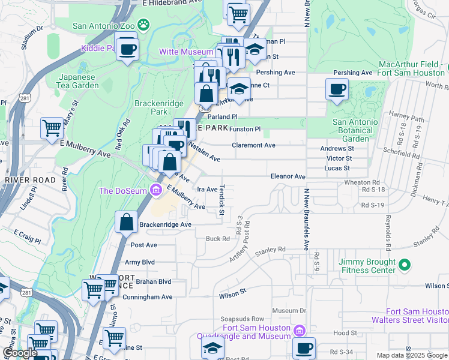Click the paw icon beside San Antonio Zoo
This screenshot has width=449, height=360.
pyautogui.click(x=143, y=25)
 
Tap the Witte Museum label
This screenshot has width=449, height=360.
pyautogui.click(x=185, y=52)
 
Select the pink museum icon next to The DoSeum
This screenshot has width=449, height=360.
pyautogui.click(x=156, y=191)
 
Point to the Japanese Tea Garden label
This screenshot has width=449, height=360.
pyautogui.click(x=79, y=81)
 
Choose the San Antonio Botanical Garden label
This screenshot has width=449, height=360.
pyautogui.click(x=355, y=130)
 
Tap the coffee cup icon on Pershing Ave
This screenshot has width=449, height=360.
pyautogui.click(x=337, y=89)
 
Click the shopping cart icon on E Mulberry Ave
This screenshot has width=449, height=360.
pyautogui.click(x=52, y=128)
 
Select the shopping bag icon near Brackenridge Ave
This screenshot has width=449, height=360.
pyautogui.click(x=127, y=222)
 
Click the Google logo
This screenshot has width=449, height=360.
pyautogui.click(x=20, y=353)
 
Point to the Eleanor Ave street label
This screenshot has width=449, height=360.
pyautogui.click(x=288, y=177)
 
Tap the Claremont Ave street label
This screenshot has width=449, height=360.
pyautogui.click(x=254, y=145)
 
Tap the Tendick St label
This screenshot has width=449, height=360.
pyautogui.click(x=221, y=200)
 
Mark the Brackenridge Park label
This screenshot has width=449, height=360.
pyautogui.click(x=151, y=107)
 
